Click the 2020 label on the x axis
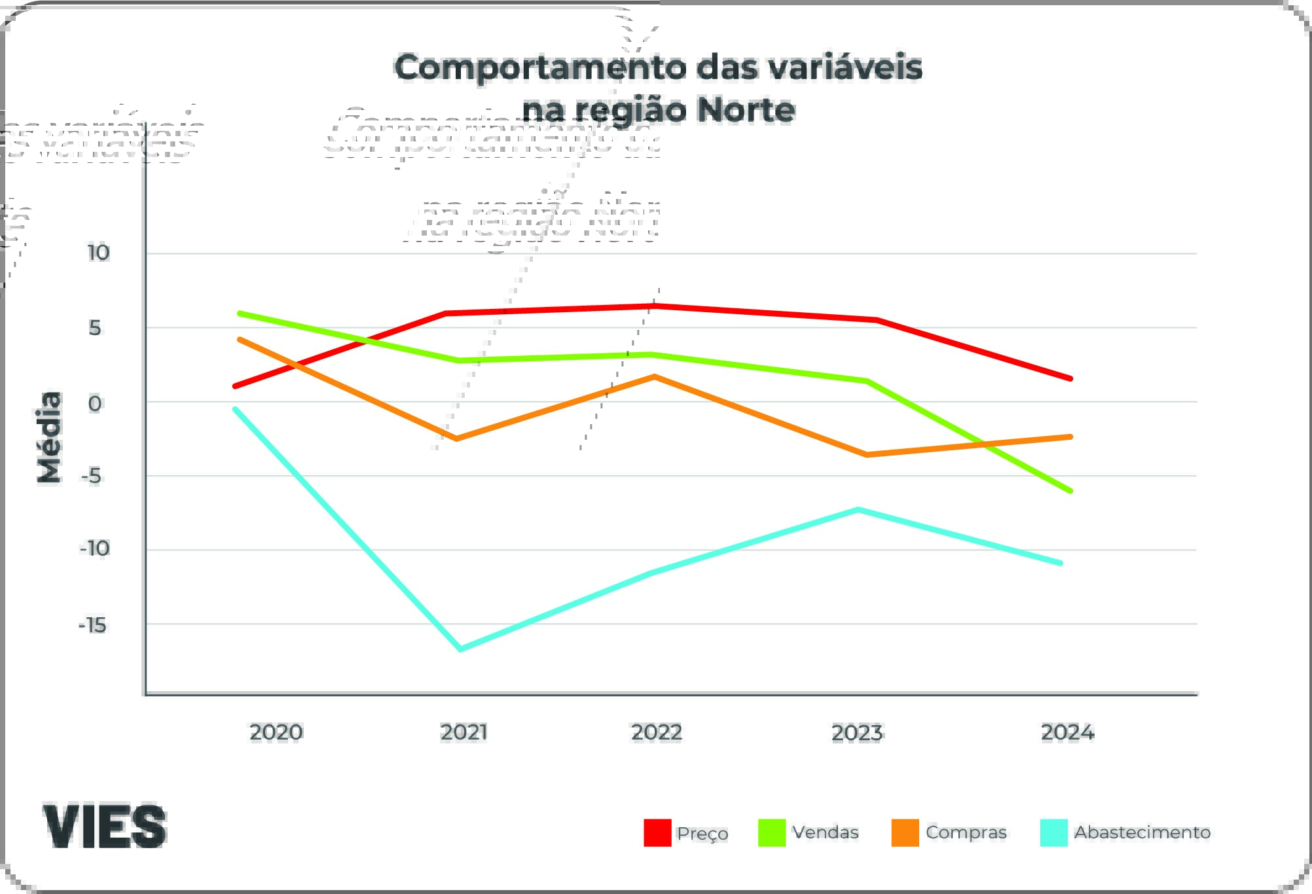[276, 732]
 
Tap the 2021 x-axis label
[464, 732]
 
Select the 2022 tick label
[656, 732]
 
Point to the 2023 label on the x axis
[857, 732]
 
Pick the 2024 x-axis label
[1067, 732]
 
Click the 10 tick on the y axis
[98, 253]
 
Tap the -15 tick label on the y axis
[92, 625]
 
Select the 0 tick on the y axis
[95, 403]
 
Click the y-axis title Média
[50, 437]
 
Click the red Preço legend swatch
[657, 832]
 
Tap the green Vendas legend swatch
[771, 832]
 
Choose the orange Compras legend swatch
[905, 832]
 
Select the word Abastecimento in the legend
[1142, 832]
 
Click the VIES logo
[105, 826]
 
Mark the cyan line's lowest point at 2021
[460, 649]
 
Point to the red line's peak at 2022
[655, 306]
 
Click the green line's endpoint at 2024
[1070, 491]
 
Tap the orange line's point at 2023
[867, 454]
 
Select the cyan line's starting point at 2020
[236, 409]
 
